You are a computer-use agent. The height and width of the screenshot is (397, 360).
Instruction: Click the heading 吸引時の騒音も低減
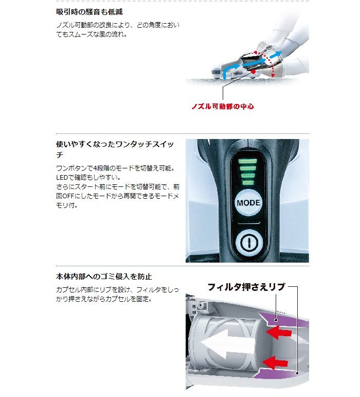89,11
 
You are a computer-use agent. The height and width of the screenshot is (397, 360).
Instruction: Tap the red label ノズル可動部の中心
223,107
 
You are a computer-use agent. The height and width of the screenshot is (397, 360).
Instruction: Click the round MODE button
248,202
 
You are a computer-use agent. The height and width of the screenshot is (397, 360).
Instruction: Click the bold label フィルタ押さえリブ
245,287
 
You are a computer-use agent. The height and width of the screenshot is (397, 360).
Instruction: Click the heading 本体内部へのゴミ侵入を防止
104,277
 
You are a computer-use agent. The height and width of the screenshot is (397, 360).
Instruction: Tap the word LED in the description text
62,177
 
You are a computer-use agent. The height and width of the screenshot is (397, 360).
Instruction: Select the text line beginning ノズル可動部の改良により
118,25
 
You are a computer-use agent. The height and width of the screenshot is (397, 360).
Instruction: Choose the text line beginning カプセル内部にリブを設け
118,289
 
